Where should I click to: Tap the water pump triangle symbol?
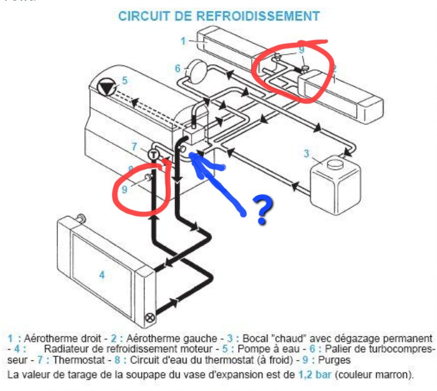108,88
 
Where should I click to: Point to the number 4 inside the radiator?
102,275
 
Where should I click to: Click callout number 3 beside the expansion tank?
307,154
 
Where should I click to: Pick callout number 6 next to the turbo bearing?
178,69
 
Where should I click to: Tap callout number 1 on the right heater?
183,41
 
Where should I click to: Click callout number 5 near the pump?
124,80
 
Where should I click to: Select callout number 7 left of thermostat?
134,146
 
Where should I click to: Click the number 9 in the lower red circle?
124,188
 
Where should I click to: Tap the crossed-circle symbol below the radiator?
149,318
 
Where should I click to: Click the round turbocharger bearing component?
197,71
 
